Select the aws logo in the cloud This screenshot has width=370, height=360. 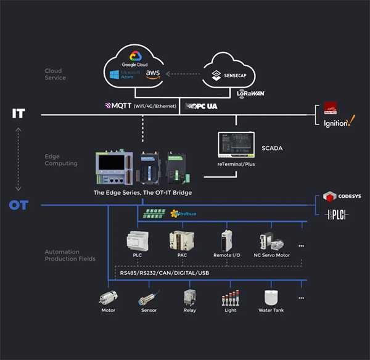tap(152, 74)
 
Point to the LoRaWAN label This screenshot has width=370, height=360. tap(252, 94)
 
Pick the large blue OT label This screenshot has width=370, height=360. tap(18, 205)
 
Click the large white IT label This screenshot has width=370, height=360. tap(18, 114)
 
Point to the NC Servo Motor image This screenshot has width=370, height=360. tap(269, 241)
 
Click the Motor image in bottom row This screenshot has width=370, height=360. tap(108, 298)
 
